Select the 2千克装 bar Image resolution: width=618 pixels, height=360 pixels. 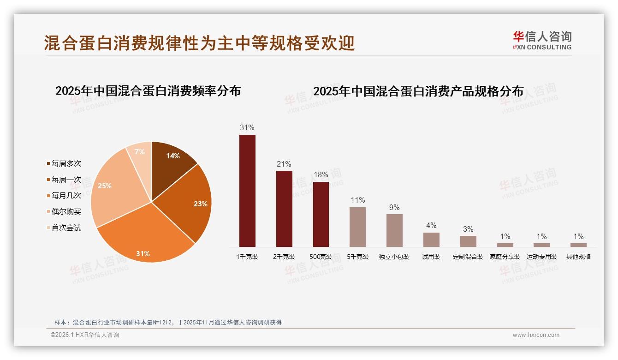(x=284, y=209)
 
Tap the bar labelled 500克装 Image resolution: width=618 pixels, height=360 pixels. (x=321, y=214)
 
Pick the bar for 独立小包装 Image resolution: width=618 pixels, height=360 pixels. (x=394, y=230)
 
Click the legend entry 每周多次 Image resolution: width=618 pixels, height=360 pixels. (x=66, y=164)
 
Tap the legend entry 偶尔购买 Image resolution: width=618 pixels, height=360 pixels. (x=66, y=211)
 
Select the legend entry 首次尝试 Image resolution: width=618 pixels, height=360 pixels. (x=66, y=228)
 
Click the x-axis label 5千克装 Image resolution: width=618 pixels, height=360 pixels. (x=358, y=257)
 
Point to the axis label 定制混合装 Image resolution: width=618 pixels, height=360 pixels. (x=468, y=257)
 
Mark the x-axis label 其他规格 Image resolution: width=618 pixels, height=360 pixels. (x=578, y=257)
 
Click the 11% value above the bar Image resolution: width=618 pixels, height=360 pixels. (x=358, y=200)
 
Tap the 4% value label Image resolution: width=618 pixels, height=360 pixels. (x=431, y=225)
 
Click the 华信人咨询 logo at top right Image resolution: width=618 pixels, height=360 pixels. (x=542, y=40)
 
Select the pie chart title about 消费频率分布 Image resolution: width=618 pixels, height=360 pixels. (x=148, y=91)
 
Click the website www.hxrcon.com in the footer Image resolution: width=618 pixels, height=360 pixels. (x=536, y=335)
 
